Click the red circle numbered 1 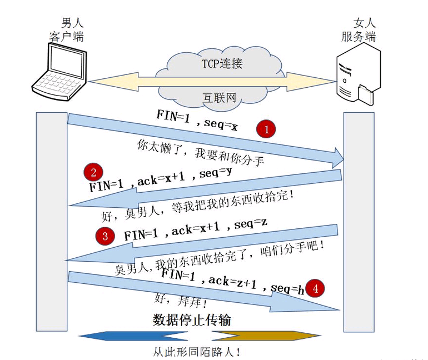point(266,130)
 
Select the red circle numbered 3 point(105,236)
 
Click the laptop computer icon point(60,71)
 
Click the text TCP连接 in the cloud point(222,63)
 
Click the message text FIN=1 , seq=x point(198,121)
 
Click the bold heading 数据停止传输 point(192,320)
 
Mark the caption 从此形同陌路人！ point(197,352)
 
